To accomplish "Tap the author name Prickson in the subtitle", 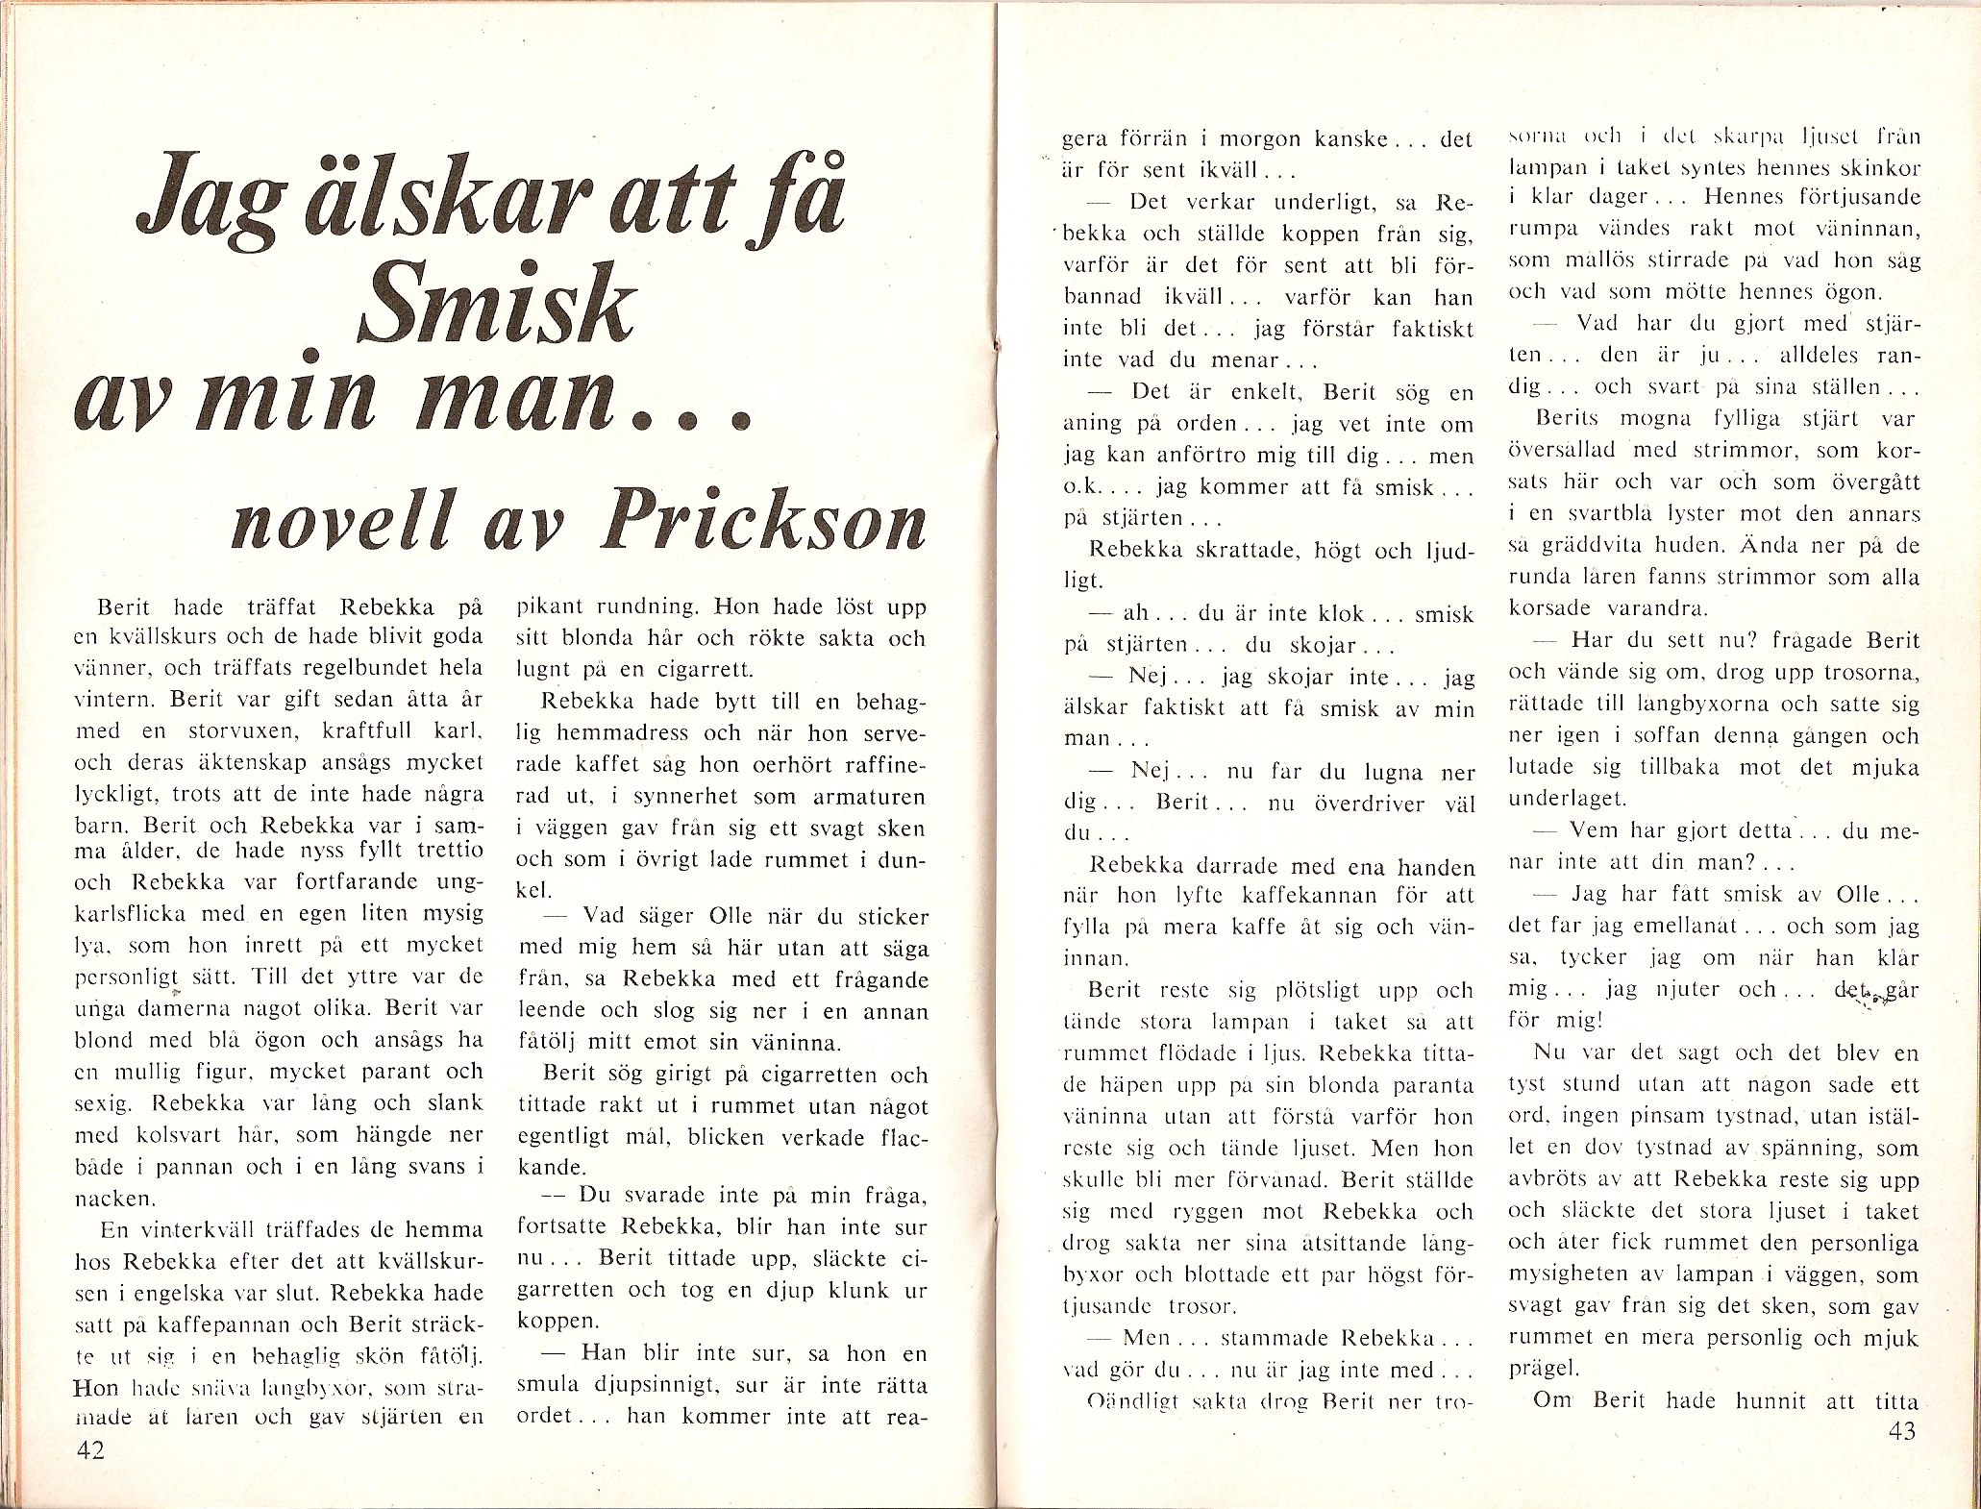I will [x=763, y=523].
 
